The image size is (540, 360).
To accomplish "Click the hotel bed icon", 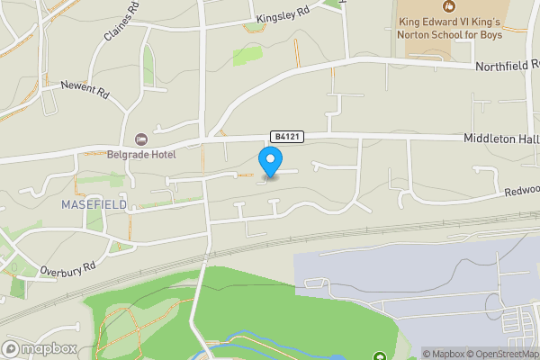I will point(140,139).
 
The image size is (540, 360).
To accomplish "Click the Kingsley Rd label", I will point(283,17).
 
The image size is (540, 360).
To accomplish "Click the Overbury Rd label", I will point(67,268).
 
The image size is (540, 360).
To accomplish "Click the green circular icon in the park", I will point(379,356).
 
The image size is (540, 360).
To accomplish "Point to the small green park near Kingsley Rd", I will point(247,56).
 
